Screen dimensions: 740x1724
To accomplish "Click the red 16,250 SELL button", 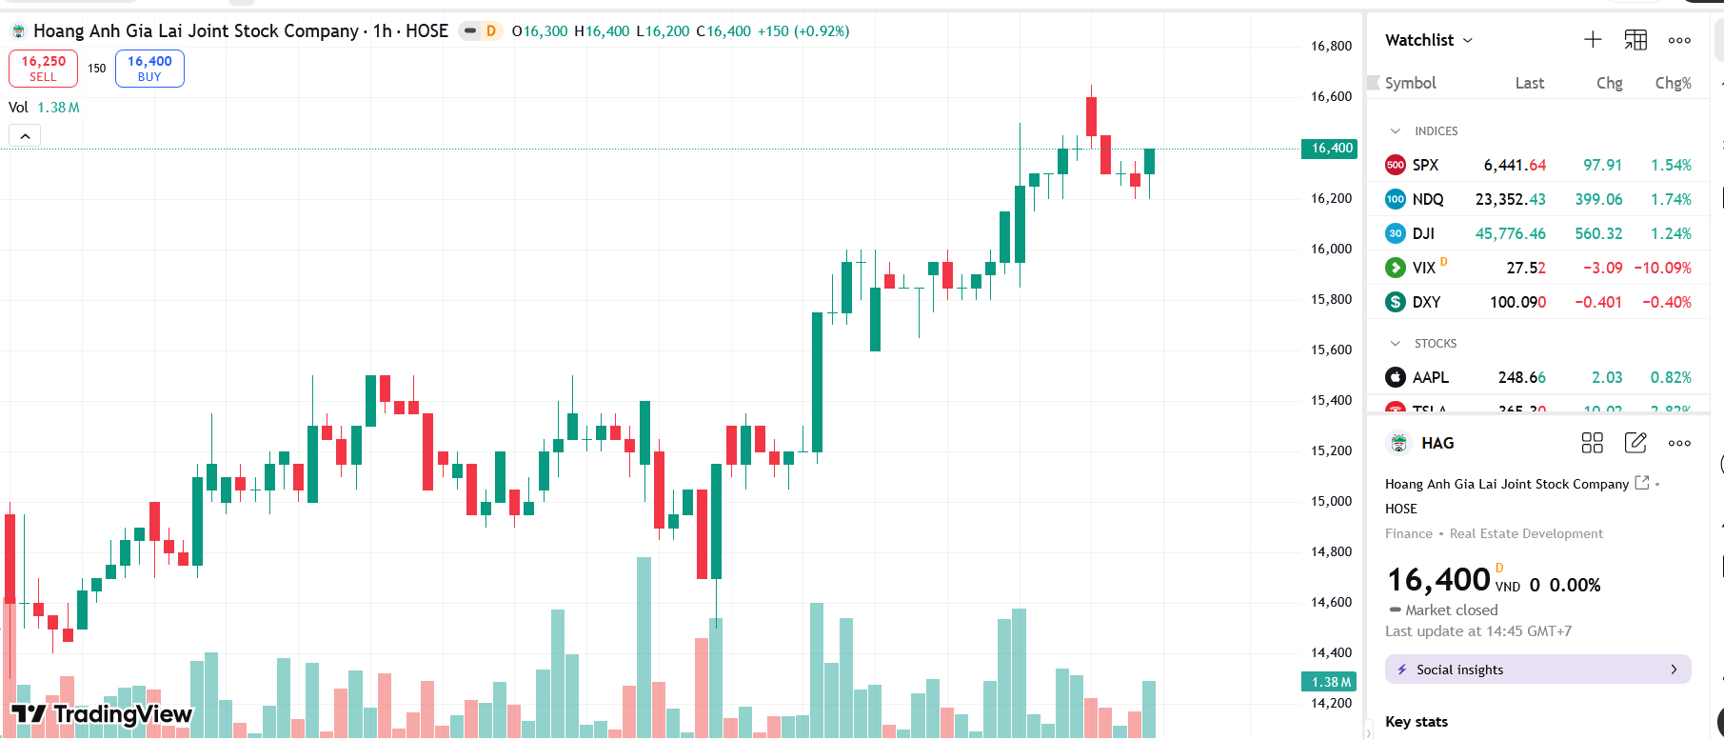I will (x=43, y=68).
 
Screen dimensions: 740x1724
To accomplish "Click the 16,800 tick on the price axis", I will (x=1331, y=46).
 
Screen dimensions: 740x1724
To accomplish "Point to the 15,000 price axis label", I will (x=1331, y=501).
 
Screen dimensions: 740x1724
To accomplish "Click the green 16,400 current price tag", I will (x=1329, y=148).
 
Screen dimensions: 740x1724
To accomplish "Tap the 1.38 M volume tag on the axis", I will (x=1329, y=682).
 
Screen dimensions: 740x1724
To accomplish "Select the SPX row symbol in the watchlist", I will (x=1425, y=165).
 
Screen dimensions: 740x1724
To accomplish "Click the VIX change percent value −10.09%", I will (x=1662, y=268).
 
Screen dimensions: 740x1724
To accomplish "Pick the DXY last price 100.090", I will (x=1517, y=302).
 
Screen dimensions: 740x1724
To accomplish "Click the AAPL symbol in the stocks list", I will (x=1430, y=377).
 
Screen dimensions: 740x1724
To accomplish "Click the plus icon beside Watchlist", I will (x=1593, y=40).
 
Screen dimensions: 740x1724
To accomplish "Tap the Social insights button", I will (x=1537, y=670).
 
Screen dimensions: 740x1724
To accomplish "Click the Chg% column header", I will (x=1673, y=83).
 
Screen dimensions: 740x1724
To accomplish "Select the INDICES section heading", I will (x=1436, y=131).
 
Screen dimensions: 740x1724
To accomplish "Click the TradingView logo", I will (x=102, y=714).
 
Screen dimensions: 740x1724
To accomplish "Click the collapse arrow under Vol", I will (x=26, y=136).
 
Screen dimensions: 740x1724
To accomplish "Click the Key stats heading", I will (x=1416, y=722).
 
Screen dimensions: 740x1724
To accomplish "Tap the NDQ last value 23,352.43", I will (x=1510, y=199).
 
